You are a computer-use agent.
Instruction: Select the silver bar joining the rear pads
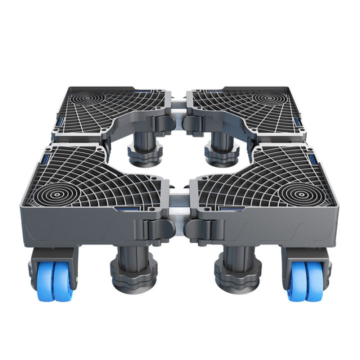[179, 105]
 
